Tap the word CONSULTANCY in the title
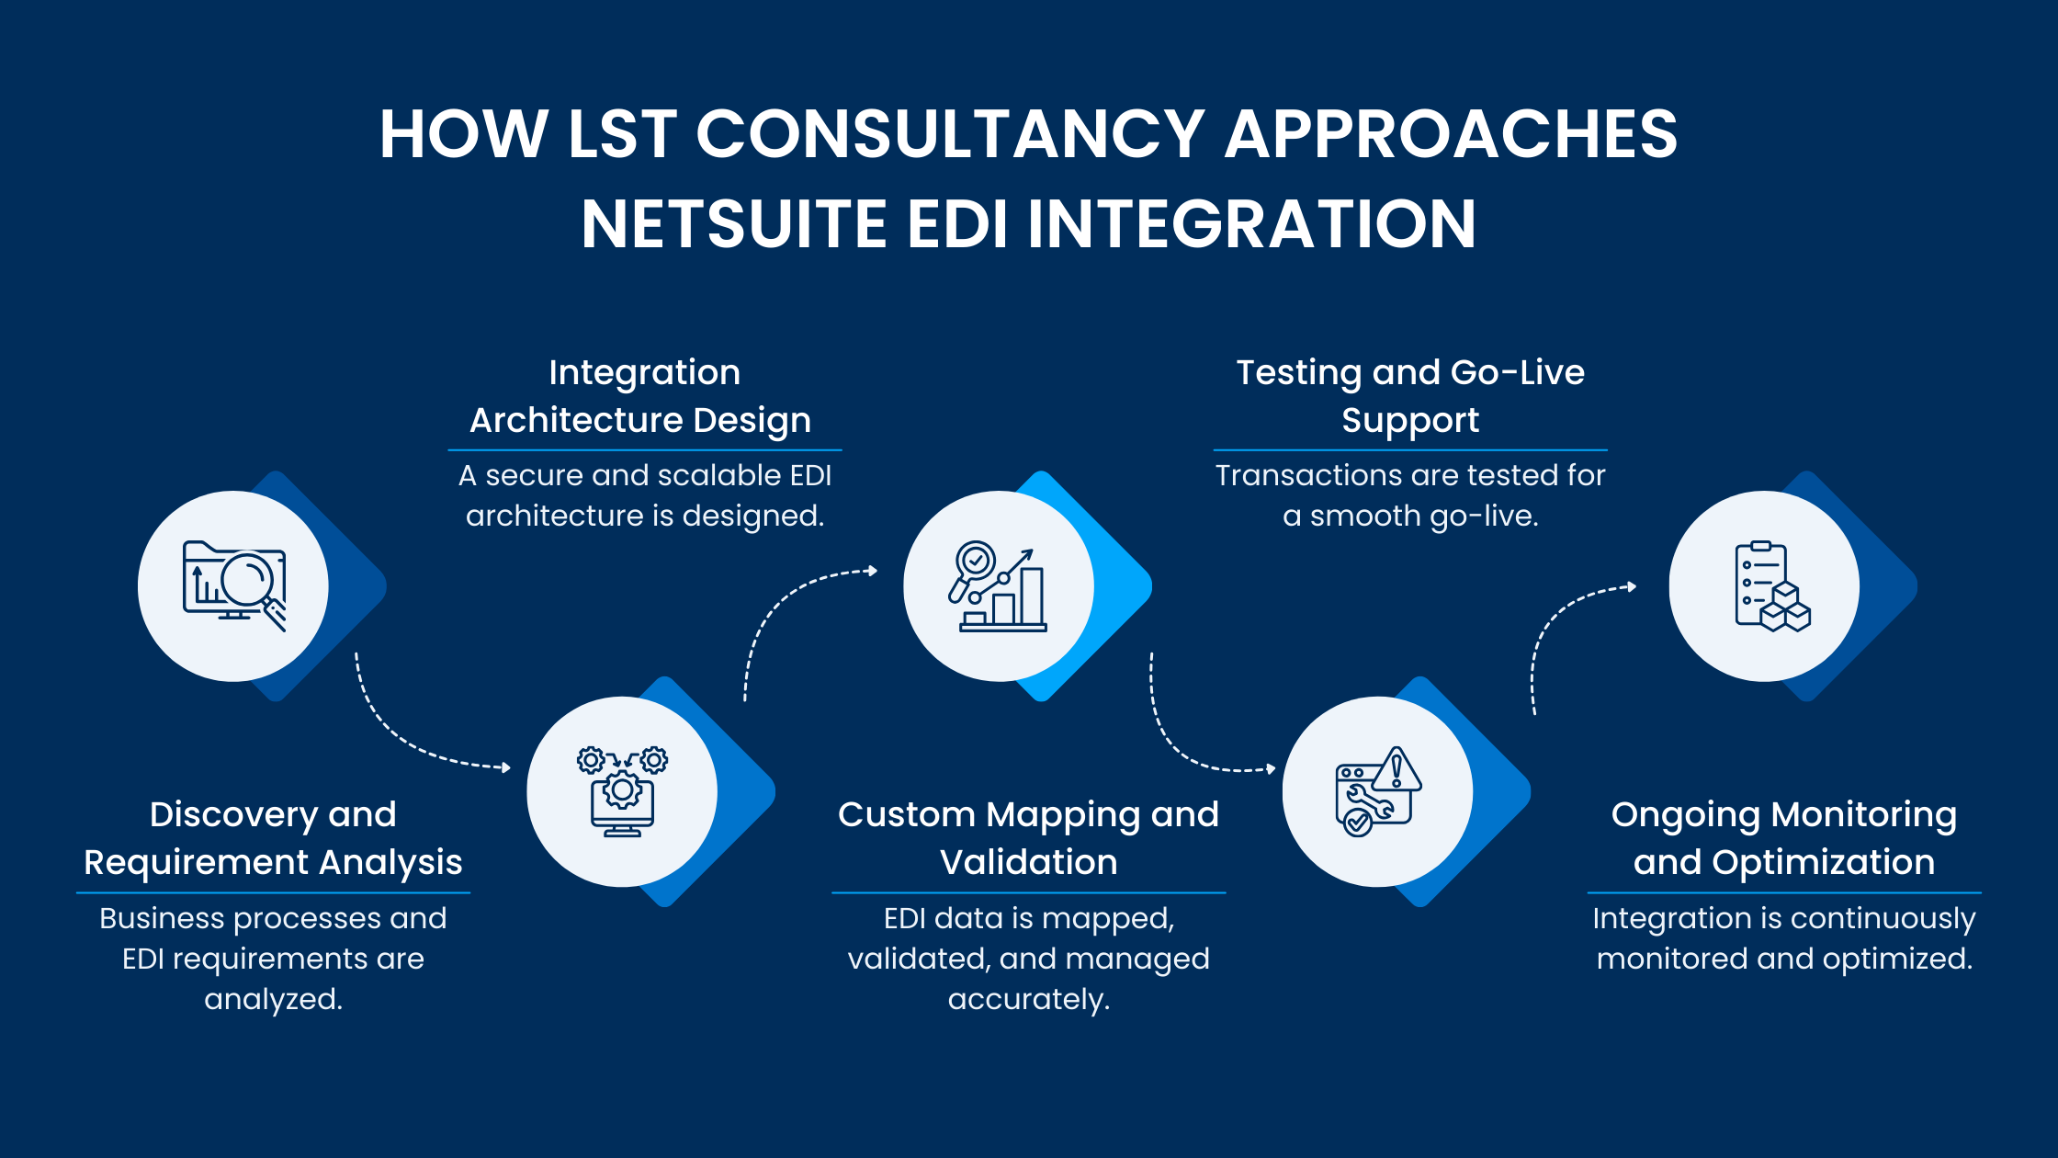click(x=950, y=134)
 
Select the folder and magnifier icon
click(x=234, y=585)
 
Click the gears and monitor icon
click(x=622, y=791)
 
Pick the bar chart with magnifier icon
click(x=999, y=586)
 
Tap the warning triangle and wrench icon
click(x=1377, y=791)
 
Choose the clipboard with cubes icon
click(x=1765, y=586)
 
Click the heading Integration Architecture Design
click(x=642, y=396)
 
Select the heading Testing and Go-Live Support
click(x=1410, y=396)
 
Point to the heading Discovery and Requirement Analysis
click(x=273, y=838)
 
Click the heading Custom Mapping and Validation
click(x=1028, y=838)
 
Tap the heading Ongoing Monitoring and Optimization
click(x=1784, y=838)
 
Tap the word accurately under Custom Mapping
click(x=1028, y=999)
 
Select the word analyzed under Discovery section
click(x=273, y=999)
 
